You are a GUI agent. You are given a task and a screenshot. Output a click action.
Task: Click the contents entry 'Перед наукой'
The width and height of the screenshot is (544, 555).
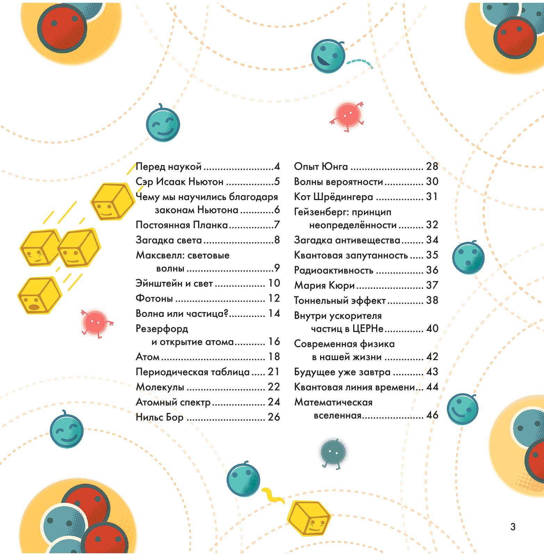169,167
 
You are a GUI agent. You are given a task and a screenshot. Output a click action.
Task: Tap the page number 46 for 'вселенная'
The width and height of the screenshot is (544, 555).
432,415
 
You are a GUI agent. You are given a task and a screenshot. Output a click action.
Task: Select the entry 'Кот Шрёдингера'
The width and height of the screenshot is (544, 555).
333,197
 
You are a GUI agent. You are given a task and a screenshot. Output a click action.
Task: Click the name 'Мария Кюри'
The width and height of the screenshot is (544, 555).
324,286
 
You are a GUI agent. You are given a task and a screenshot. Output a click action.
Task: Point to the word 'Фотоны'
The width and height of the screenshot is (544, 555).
154,299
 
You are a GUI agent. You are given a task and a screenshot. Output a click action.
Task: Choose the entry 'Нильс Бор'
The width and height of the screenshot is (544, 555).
160,417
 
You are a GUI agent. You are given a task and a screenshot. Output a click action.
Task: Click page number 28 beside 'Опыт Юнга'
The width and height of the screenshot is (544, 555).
432,166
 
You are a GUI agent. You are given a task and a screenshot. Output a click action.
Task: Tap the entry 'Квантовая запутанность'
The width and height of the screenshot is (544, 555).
351,255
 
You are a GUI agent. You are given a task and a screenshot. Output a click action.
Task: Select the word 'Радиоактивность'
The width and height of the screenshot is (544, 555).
333,270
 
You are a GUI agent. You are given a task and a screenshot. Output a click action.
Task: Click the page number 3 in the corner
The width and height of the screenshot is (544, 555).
513,527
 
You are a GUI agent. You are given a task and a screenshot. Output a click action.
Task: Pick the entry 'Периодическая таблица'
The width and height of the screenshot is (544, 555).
193,372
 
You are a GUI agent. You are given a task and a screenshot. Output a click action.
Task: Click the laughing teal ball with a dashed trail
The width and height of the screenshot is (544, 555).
328,56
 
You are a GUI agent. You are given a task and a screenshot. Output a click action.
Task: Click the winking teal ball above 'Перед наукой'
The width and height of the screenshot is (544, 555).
163,124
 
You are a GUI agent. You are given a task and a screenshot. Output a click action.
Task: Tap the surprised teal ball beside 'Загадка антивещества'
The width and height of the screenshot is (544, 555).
468,257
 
